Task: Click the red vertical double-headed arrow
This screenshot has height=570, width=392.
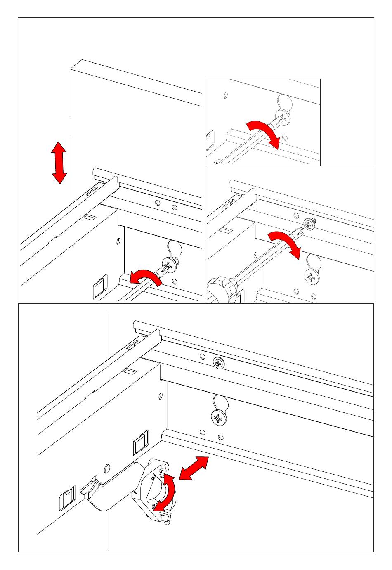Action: point(59,162)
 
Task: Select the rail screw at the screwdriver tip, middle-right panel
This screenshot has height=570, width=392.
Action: point(309,224)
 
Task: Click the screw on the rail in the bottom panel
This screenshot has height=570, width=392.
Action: point(219,363)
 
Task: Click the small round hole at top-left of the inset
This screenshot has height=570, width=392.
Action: point(225,95)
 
